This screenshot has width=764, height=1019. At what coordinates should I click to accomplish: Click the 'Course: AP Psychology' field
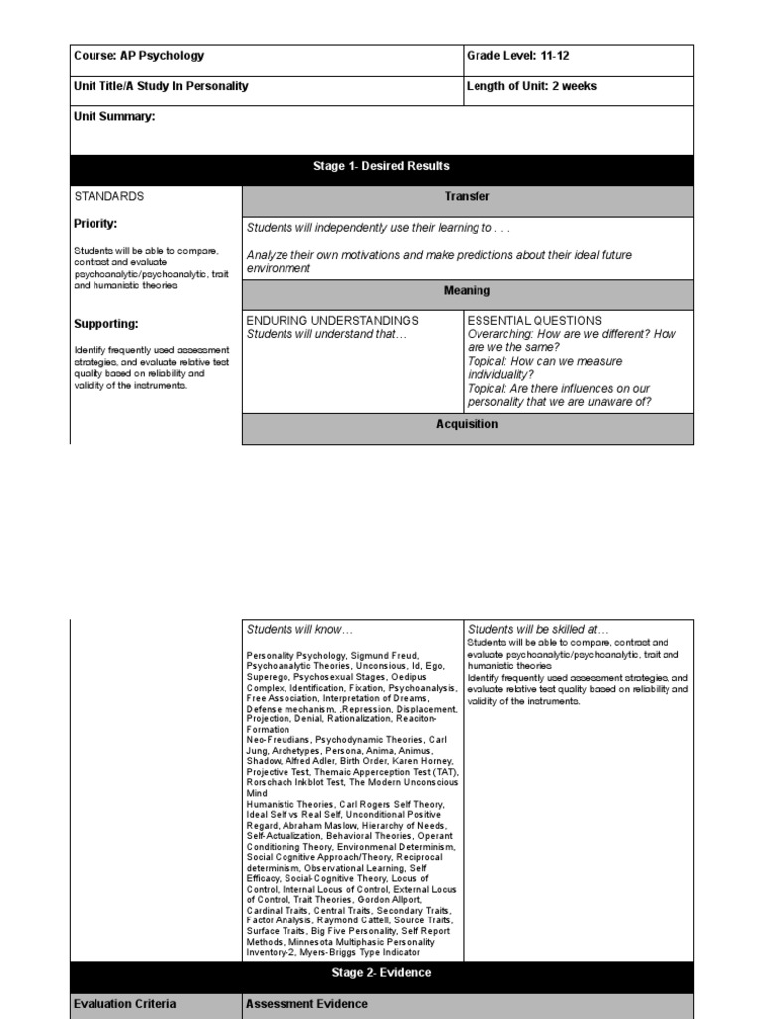coord(138,57)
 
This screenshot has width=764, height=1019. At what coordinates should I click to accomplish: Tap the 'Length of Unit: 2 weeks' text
coord(531,87)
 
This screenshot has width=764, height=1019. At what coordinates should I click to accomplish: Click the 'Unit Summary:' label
coord(114,117)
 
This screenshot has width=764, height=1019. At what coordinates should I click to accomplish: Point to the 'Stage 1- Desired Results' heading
coord(383,167)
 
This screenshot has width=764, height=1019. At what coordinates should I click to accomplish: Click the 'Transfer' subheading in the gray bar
coord(468,197)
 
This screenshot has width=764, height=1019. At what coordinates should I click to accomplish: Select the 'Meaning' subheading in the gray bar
coord(468,291)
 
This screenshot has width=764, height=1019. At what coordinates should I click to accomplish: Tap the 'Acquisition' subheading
coord(468,424)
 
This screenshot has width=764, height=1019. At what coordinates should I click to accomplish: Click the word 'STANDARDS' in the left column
coord(109,197)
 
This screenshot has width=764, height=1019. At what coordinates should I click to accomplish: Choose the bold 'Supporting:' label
coord(106,324)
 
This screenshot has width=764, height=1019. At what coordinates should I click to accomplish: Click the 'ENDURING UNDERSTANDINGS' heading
coord(332,321)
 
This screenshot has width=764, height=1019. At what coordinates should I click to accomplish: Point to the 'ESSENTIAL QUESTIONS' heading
coord(534,321)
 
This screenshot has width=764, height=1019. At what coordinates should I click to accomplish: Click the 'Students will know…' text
coord(299,630)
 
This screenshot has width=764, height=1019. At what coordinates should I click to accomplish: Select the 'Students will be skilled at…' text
coord(537,630)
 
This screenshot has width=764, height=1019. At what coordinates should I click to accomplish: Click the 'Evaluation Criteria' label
coord(125,1004)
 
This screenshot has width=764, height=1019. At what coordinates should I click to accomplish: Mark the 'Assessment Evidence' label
coord(306,1004)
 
